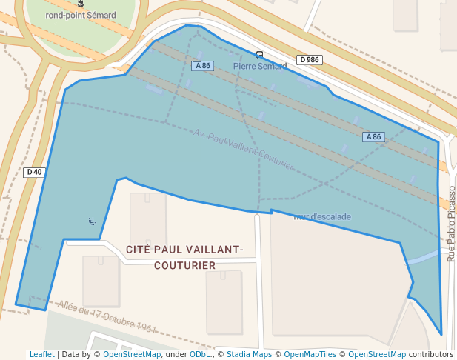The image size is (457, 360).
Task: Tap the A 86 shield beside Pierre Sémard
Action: click(x=202, y=66)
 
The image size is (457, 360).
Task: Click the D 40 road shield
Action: click(x=34, y=172)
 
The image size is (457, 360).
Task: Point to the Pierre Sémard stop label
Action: click(x=259, y=66)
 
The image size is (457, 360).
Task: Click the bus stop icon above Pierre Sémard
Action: click(x=259, y=54)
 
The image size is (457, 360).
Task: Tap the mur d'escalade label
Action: click(x=322, y=216)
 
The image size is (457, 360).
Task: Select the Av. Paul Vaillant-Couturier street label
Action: click(x=244, y=149)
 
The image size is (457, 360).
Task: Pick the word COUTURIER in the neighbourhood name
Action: click(x=184, y=265)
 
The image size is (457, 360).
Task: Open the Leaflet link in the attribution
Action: click(x=41, y=354)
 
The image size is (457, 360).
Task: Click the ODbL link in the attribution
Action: click(x=199, y=354)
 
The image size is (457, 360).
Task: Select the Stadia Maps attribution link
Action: click(x=249, y=354)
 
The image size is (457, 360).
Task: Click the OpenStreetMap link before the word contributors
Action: click(x=377, y=354)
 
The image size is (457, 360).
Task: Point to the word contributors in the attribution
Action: click(x=430, y=354)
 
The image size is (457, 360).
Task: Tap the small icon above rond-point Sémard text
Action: click(x=81, y=4)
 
